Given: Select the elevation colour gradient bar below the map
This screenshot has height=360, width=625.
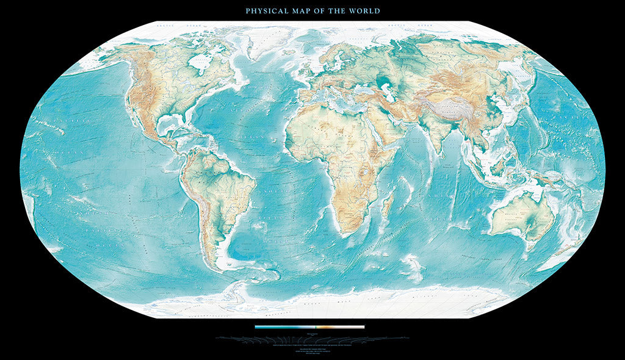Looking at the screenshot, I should (309, 327).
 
